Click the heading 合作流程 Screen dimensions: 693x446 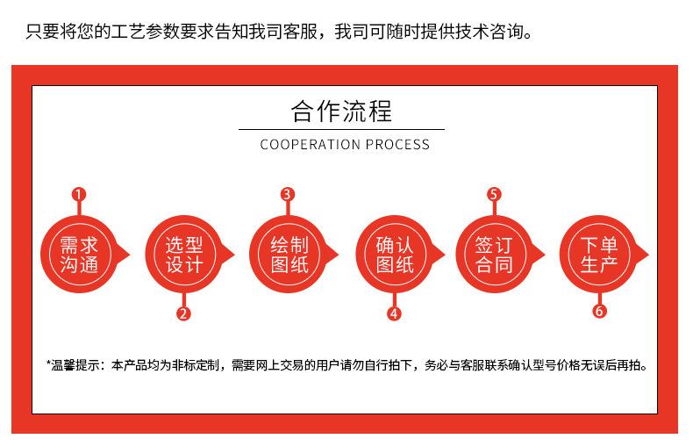341,111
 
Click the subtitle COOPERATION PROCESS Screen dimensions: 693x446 345,144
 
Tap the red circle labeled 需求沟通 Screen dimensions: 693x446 80,254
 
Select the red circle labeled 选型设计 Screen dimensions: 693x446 183,254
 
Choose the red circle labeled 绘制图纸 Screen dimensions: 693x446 289,254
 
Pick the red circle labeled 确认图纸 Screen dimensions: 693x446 394,254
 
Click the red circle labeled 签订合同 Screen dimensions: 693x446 493,254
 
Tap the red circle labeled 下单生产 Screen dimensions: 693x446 599,254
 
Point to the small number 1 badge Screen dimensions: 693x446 79,195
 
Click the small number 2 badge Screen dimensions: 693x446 183,313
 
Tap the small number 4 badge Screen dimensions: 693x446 394,313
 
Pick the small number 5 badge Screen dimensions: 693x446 494,195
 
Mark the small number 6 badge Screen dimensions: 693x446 599,312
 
